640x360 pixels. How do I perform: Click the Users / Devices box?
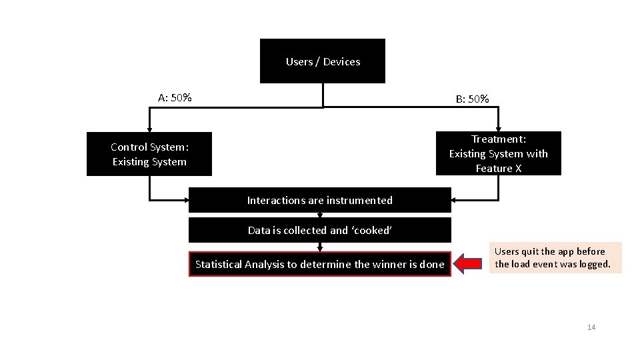pyautogui.click(x=323, y=61)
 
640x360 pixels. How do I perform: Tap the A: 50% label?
pyautogui.click(x=175, y=98)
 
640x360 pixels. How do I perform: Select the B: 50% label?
pyautogui.click(x=473, y=99)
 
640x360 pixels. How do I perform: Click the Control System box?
pyautogui.click(x=149, y=154)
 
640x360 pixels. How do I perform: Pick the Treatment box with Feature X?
pyautogui.click(x=499, y=153)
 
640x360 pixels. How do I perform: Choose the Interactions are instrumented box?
pyautogui.click(x=320, y=200)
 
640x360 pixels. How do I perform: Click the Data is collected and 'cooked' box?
pyautogui.click(x=320, y=231)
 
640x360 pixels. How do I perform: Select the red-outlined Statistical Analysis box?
pyautogui.click(x=320, y=264)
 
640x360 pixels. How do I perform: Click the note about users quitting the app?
pyautogui.click(x=553, y=258)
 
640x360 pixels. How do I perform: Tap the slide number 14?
pyautogui.click(x=591, y=327)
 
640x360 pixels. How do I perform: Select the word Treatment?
pyautogui.click(x=499, y=139)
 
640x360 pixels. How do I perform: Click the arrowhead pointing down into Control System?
pyautogui.click(x=149, y=128)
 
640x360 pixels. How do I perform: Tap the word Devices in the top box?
pyautogui.click(x=341, y=62)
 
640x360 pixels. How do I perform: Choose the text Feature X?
pyautogui.click(x=499, y=169)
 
